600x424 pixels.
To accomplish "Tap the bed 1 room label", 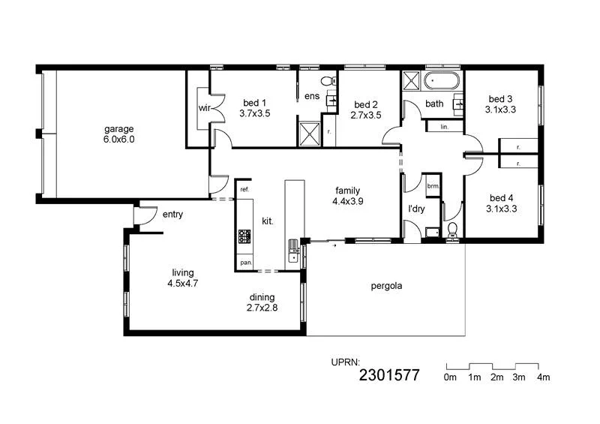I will pos(254,108).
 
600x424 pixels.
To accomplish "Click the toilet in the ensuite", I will pos(326,81).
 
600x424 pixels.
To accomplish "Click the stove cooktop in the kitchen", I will pos(244,237).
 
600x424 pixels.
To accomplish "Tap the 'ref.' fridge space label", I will pos(244,190).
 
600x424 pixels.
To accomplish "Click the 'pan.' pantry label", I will pos(245,263).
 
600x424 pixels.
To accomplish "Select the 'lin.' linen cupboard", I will pos(444,127).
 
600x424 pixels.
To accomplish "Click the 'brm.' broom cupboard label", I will pos(433,185).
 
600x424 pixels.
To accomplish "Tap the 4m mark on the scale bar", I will pos(544,377).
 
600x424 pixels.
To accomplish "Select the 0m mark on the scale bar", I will pos(450,377).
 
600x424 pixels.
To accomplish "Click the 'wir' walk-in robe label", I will pos(203,108).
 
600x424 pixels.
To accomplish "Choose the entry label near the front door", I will pos(172,215).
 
